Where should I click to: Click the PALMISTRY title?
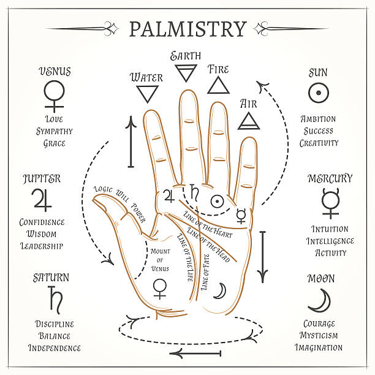click(187, 29)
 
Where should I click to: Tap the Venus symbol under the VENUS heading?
click(54, 95)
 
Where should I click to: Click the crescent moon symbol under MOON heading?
click(319, 301)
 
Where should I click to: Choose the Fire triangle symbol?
click(218, 85)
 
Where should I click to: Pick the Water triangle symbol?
click(147, 94)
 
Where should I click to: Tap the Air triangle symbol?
click(249, 121)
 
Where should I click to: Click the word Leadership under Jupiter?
click(42, 246)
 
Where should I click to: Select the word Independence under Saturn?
click(54, 347)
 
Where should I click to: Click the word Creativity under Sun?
click(319, 143)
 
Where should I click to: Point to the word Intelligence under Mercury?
click(330, 241)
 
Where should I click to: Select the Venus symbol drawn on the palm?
click(160, 287)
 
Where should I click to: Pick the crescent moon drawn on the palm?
click(219, 291)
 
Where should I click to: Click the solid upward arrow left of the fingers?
click(131, 142)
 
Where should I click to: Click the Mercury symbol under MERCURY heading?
click(330, 203)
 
